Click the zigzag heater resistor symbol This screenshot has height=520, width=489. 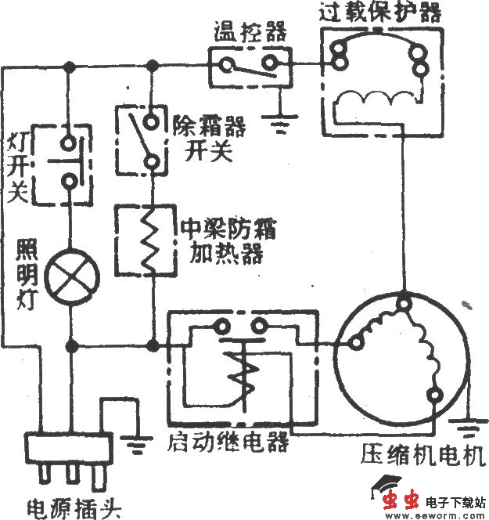150,239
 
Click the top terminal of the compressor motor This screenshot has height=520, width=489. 405,301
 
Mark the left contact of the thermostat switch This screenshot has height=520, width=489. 226,65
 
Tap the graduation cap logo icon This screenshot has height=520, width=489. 383,486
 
